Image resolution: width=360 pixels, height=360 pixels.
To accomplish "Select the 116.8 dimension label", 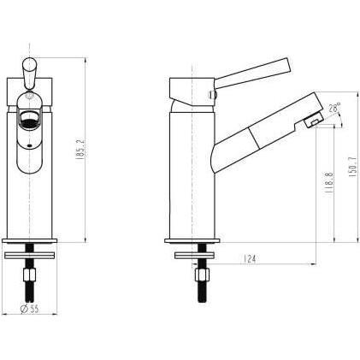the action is [x=329, y=183].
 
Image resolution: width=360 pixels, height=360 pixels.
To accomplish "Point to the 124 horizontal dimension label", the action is [x=250, y=259].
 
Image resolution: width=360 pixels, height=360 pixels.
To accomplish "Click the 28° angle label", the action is [x=334, y=109].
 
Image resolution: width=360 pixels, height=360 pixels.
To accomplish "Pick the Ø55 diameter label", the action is [x=30, y=308].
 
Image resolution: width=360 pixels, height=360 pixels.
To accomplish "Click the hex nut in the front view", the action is [x=29, y=274].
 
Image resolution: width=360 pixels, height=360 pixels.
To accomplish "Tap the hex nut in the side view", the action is [x=202, y=274].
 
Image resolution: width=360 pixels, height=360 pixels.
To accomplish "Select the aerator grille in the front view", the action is [x=30, y=119].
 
